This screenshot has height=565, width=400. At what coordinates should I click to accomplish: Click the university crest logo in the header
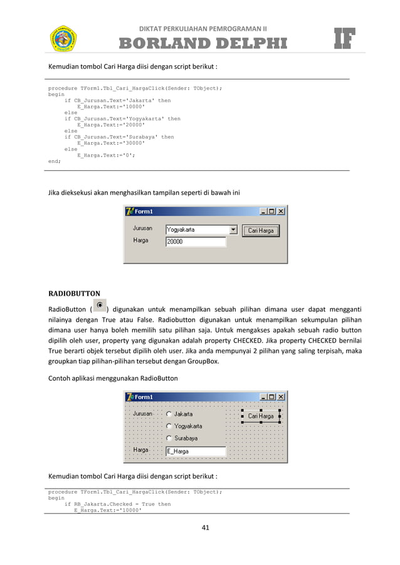pyautogui.click(x=63, y=38)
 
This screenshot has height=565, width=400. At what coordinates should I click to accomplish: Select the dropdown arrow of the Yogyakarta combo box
pyautogui.click(x=233, y=230)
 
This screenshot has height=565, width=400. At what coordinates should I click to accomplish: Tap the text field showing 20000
pyautogui.click(x=195, y=241)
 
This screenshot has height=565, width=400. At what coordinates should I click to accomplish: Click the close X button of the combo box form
pyautogui.click(x=281, y=211)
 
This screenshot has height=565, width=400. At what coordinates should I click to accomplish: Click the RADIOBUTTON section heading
pyautogui.click(x=74, y=293)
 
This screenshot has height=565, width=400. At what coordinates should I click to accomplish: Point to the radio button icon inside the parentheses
pyautogui.click(x=100, y=306)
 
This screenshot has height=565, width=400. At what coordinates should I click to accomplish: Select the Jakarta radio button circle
pyautogui.click(x=169, y=414)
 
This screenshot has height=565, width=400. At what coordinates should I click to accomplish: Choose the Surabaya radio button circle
pyautogui.click(x=169, y=438)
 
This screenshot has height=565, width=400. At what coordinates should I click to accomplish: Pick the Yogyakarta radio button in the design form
pyautogui.click(x=169, y=427)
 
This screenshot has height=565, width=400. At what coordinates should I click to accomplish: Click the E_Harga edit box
pyautogui.click(x=195, y=451)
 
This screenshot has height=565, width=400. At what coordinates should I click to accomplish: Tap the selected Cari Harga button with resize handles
pyautogui.click(x=261, y=416)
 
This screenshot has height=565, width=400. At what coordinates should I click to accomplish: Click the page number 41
pyautogui.click(x=205, y=527)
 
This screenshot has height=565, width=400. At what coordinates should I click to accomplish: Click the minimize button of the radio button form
pyautogui.click(x=263, y=397)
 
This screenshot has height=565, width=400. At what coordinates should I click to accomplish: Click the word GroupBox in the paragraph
pyautogui.click(x=203, y=361)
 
